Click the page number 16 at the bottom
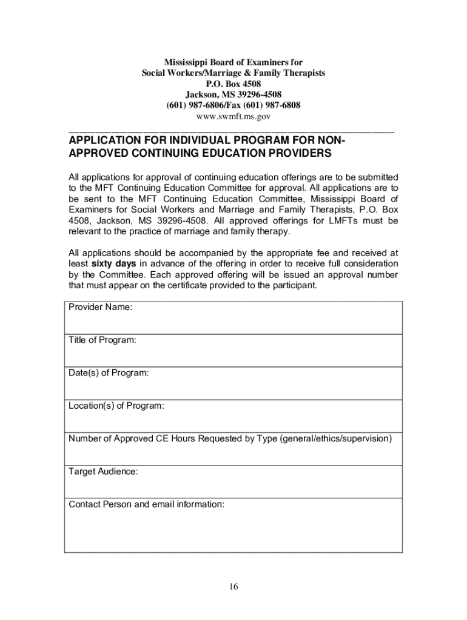[x=233, y=587]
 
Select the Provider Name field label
[x=100, y=308]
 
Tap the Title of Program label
[x=102, y=340]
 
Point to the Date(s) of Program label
[x=109, y=373]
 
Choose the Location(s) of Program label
[x=116, y=406]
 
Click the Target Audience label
[x=103, y=471]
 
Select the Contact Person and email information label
[x=147, y=504]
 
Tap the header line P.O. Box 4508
[x=233, y=84]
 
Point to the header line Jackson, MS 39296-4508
[x=233, y=94]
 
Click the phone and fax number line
[x=233, y=105]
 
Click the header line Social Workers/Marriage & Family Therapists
[x=233, y=73]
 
